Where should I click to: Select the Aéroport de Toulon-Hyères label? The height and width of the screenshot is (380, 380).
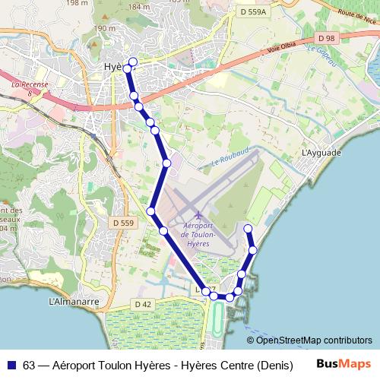coord(198,234)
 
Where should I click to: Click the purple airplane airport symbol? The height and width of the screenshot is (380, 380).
coord(198,214)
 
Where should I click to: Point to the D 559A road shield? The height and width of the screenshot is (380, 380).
coord(252,12)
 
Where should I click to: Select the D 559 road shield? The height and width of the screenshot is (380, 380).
coord(122,223)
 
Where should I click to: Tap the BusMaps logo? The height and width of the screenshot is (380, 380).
coord(344,364)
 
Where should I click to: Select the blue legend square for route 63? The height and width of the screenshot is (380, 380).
coord(11,364)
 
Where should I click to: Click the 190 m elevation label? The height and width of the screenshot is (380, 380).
coord(103,28)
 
